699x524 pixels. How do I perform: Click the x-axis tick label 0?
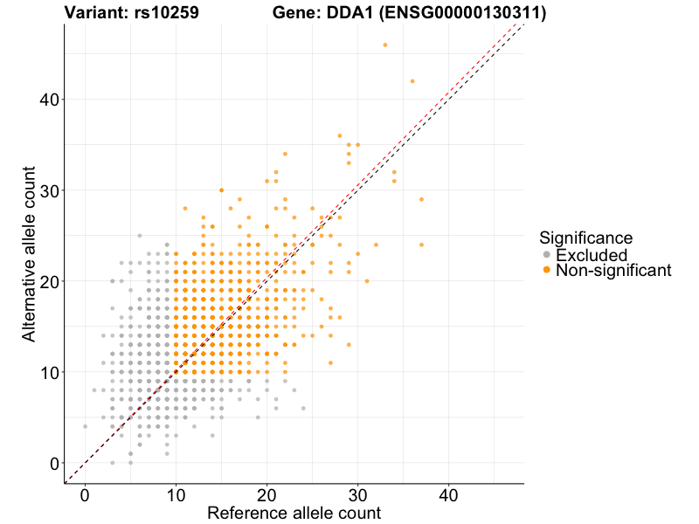click(85, 495)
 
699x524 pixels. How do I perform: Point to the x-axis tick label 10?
click(176, 495)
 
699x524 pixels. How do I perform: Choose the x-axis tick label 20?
click(266, 495)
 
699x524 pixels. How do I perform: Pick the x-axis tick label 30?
click(357, 495)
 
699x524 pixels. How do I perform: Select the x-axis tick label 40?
click(448, 495)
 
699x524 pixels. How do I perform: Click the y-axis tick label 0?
click(54, 463)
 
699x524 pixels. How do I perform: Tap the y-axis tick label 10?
click(49, 372)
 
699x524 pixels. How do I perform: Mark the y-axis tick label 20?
click(49, 281)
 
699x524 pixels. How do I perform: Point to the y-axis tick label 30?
click(49, 190)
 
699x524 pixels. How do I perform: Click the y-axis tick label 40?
click(49, 100)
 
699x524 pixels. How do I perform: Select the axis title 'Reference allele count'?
click(294, 513)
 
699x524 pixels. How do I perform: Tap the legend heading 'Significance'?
click(585, 238)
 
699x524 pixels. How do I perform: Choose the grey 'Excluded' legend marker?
click(547, 255)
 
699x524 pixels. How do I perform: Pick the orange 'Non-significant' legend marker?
click(547, 271)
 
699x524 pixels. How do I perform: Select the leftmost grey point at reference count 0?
click(85, 426)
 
